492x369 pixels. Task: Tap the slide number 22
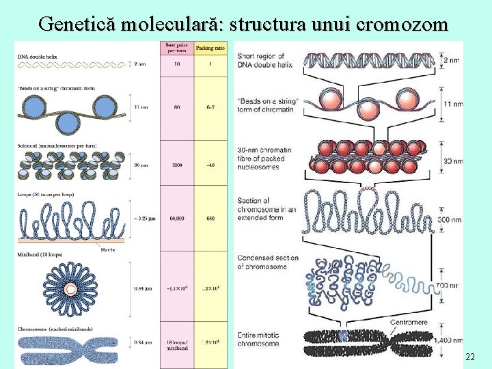pyautogui.click(x=469, y=357)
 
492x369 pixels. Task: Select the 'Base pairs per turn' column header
pyautogui.click(x=176, y=49)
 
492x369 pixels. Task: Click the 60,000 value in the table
pyautogui.click(x=176, y=219)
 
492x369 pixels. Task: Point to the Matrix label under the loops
pyautogui.click(x=107, y=250)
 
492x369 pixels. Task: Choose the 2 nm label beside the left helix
pyautogui.click(x=139, y=64)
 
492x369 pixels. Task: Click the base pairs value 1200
pyautogui.click(x=176, y=164)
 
